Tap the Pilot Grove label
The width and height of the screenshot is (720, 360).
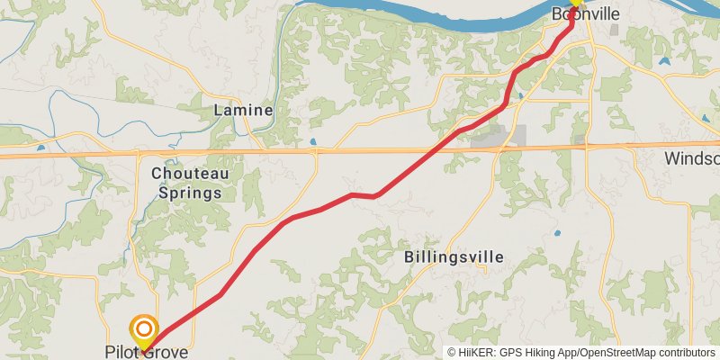coord(147,352)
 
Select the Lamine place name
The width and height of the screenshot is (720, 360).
coord(243,110)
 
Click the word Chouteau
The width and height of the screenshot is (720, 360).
coord(190,173)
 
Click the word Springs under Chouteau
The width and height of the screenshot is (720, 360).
coord(190,192)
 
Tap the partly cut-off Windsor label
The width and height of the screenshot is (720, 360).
coord(692,158)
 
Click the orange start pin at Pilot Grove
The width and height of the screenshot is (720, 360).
coord(144,329)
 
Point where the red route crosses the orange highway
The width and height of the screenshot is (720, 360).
coord(442,148)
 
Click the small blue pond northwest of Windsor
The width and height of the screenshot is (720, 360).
coord(664,62)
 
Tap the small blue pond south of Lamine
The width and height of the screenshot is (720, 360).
coord(311,142)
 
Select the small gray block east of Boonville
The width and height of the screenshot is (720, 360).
coord(614,30)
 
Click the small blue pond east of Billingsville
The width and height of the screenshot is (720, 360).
coord(558,233)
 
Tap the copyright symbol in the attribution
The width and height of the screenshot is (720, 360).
coord(452,352)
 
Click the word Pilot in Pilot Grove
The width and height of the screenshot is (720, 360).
coord(122,352)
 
